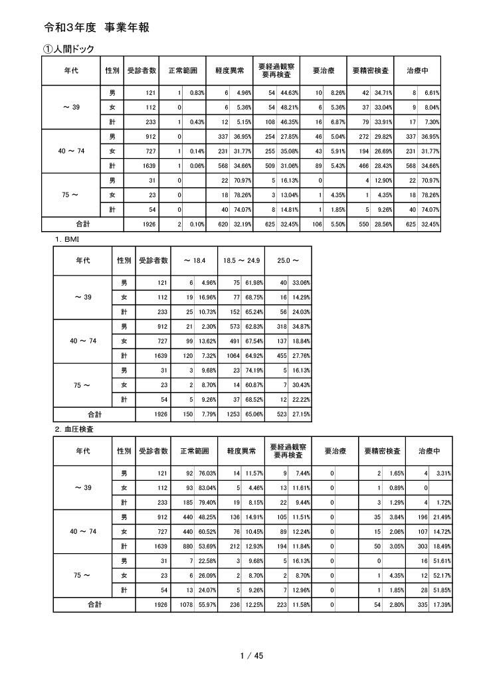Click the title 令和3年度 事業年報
pyautogui.click(x=96, y=27)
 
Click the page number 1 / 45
pyautogui.click(x=252, y=656)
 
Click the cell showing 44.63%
pyautogui.click(x=288, y=93)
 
